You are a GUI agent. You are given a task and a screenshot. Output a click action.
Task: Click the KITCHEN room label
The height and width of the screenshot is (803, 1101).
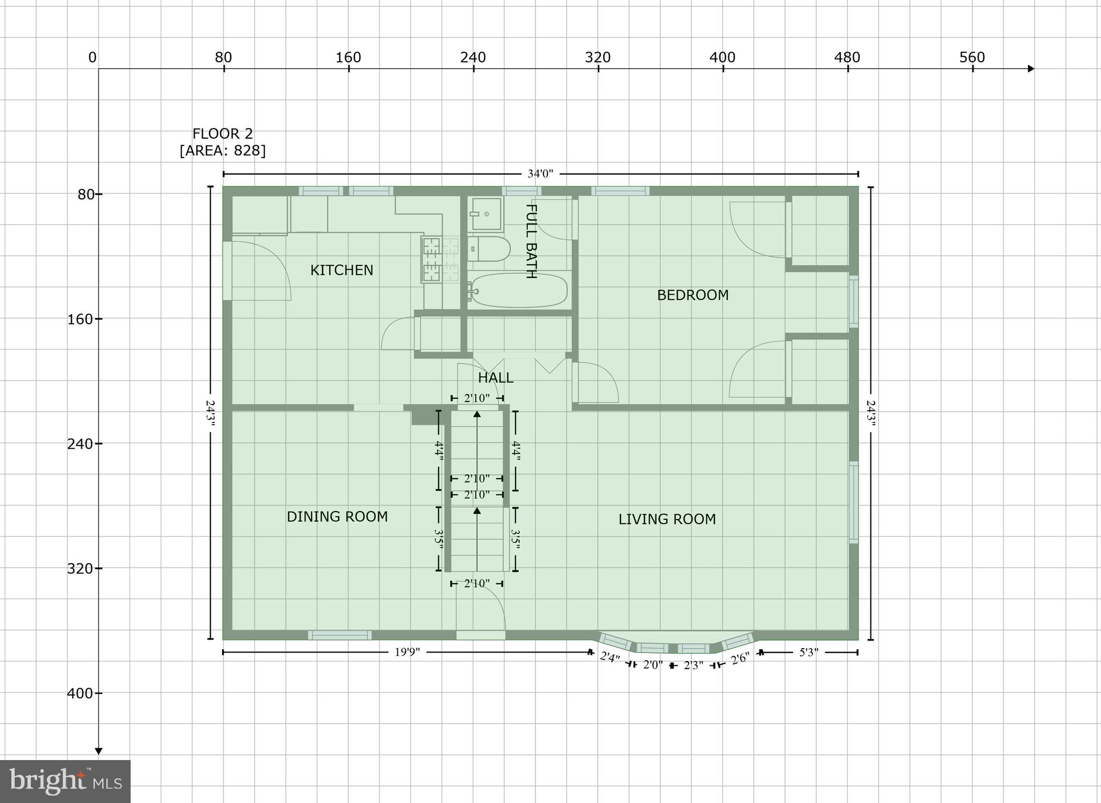tap(341, 270)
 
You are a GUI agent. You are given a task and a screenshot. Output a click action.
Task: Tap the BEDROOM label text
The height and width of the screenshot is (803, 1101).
tap(692, 295)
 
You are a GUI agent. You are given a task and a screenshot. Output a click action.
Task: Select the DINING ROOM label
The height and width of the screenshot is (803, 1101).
tap(337, 517)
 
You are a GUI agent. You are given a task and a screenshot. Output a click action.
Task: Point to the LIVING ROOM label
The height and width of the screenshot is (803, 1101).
tap(667, 519)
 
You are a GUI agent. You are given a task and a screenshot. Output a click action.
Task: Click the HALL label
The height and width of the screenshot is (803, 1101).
tap(495, 378)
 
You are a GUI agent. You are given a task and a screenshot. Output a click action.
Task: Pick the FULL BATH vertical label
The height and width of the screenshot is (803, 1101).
tap(531, 241)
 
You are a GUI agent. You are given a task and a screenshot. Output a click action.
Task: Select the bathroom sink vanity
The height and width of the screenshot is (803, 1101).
tap(485, 214)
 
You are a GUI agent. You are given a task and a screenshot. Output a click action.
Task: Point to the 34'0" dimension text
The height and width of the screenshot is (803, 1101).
tap(540, 174)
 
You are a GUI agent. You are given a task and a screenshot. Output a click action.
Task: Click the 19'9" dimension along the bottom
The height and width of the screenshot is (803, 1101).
tap(407, 653)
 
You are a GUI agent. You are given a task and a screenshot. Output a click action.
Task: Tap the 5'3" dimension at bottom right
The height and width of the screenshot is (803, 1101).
tap(809, 653)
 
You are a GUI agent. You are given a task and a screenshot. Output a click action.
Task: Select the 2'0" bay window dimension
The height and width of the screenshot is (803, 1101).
tap(653, 665)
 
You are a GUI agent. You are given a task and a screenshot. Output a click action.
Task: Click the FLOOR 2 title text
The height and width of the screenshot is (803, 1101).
tap(223, 134)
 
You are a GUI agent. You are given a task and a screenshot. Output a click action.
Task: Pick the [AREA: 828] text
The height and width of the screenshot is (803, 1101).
tap(223, 150)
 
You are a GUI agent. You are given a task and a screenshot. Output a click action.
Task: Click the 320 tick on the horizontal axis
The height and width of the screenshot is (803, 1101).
tap(598, 58)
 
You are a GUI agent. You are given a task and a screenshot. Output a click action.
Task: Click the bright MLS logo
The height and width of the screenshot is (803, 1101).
tap(65, 781)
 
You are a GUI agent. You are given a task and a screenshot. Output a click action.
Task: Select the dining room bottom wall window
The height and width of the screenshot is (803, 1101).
tap(339, 635)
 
